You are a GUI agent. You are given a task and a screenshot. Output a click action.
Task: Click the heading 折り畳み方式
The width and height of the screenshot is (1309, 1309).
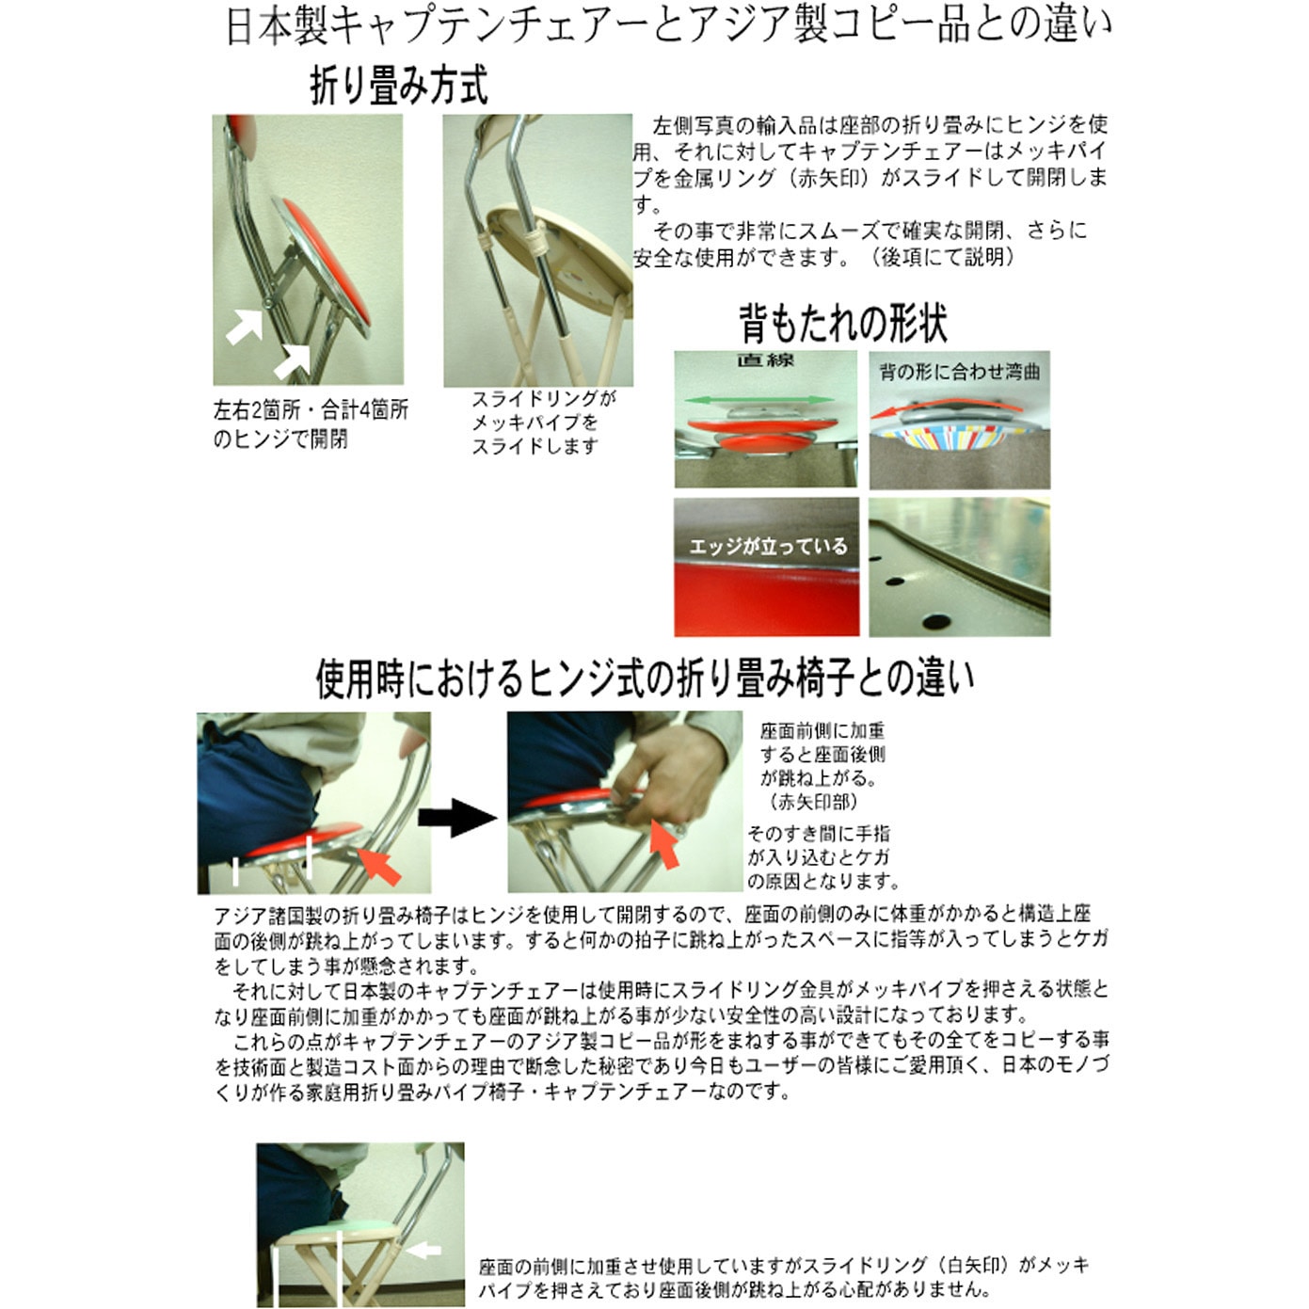pyautogui.click(x=399, y=85)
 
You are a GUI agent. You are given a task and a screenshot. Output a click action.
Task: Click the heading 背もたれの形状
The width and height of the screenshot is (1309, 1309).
pyautogui.click(x=842, y=324)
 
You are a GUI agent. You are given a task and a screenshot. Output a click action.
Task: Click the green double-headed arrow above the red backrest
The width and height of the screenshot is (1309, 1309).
pyautogui.click(x=758, y=400)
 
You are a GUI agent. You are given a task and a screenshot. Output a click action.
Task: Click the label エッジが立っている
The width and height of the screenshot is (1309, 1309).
pyautogui.click(x=768, y=547)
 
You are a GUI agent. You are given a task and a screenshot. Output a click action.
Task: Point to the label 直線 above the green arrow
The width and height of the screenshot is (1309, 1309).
pyautogui.click(x=765, y=359)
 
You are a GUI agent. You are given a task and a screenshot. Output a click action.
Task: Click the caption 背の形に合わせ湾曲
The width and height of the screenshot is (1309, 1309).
pyautogui.click(x=959, y=372)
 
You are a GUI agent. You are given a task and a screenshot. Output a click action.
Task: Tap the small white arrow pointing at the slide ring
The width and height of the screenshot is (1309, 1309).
pyautogui.click(x=423, y=1250)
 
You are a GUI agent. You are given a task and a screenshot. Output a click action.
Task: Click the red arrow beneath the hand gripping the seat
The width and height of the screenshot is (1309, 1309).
pyautogui.click(x=663, y=844)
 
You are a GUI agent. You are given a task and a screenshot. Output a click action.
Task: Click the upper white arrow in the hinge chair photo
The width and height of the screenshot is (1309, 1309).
pyautogui.click(x=245, y=325)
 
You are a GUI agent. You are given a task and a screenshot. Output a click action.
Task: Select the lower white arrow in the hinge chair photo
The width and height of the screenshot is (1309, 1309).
pyautogui.click(x=292, y=361)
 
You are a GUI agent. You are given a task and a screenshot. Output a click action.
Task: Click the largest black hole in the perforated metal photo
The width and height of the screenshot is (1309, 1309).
pyautogui.click(x=936, y=619)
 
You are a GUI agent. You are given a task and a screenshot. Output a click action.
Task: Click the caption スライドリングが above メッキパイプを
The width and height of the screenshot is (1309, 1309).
pyautogui.click(x=543, y=399)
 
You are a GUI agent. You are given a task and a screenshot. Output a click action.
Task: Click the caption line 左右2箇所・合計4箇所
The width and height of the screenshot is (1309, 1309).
pyautogui.click(x=311, y=410)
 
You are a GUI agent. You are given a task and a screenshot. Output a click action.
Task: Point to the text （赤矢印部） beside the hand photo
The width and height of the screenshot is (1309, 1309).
pyautogui.click(x=812, y=802)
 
